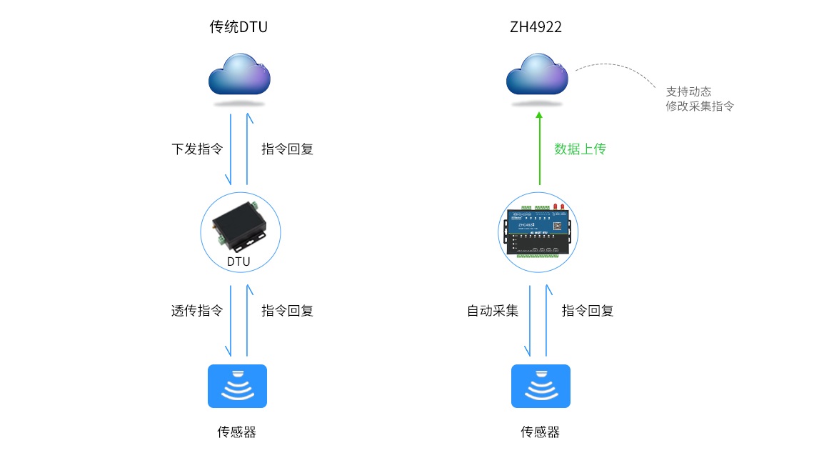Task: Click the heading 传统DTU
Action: click(238, 28)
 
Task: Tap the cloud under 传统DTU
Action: click(240, 74)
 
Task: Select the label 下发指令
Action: click(197, 149)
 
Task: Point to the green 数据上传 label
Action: click(580, 149)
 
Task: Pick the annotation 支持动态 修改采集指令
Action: click(699, 99)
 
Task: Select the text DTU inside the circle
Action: click(238, 262)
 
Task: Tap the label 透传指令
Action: click(197, 311)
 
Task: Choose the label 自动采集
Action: click(493, 311)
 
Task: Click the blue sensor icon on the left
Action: click(237, 387)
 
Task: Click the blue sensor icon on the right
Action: click(541, 387)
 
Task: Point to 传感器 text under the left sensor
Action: click(237, 432)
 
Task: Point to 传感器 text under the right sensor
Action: click(541, 432)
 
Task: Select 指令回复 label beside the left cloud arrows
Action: click(287, 149)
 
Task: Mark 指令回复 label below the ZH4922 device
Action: click(588, 311)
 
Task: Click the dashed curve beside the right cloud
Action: click(621, 67)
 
